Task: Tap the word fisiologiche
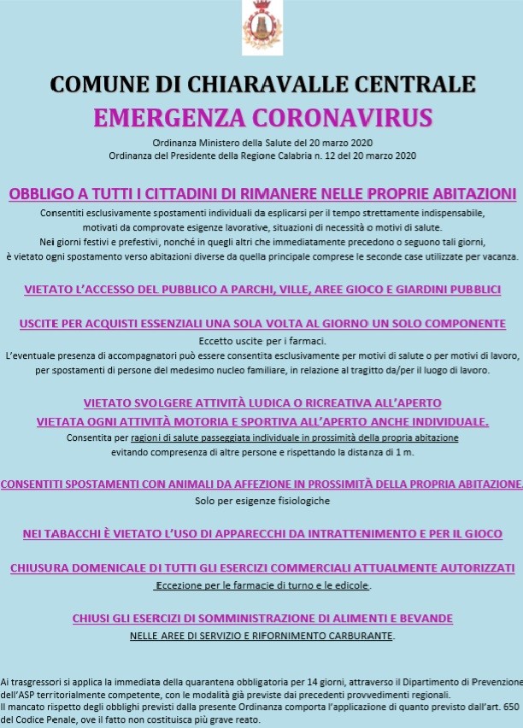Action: tap(300, 500)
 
